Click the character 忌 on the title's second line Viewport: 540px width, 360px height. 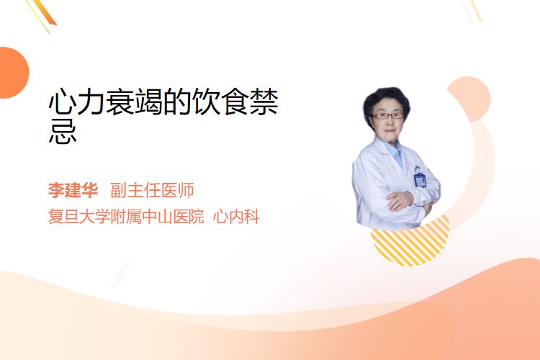click(x=63, y=132)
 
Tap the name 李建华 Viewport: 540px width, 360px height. click(x=73, y=190)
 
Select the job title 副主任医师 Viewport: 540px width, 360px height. click(x=152, y=190)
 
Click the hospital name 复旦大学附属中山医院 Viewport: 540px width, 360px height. click(x=126, y=216)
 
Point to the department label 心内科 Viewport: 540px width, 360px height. click(x=236, y=216)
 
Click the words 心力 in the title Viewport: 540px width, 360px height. click(x=76, y=102)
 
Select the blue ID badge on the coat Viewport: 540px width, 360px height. click(x=420, y=179)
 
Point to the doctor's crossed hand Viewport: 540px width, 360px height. click(x=400, y=201)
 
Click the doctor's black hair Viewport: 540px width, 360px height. click(x=386, y=100)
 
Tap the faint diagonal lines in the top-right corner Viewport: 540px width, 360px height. click(x=472, y=9)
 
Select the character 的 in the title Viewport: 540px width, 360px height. click(x=176, y=102)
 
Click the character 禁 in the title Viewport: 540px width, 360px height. click(x=264, y=102)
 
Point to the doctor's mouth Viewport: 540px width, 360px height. click(x=390, y=130)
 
